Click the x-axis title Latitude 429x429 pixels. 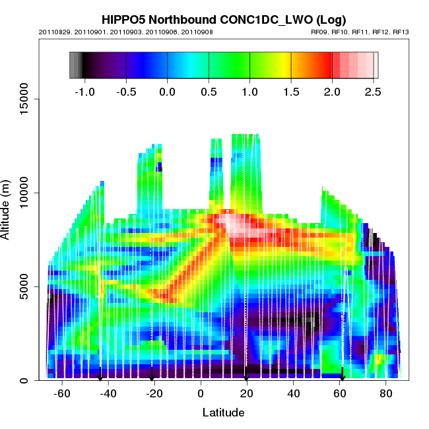(223, 412)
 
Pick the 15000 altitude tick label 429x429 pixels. (24, 99)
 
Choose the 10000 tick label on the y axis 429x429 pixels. (24, 193)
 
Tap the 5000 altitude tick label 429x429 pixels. (26, 286)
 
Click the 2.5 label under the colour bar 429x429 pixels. (372, 92)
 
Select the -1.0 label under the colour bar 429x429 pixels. (83, 92)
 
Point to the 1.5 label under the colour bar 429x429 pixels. (291, 92)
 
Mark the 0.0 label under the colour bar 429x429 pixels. (168, 92)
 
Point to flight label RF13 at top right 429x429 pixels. (401, 32)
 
